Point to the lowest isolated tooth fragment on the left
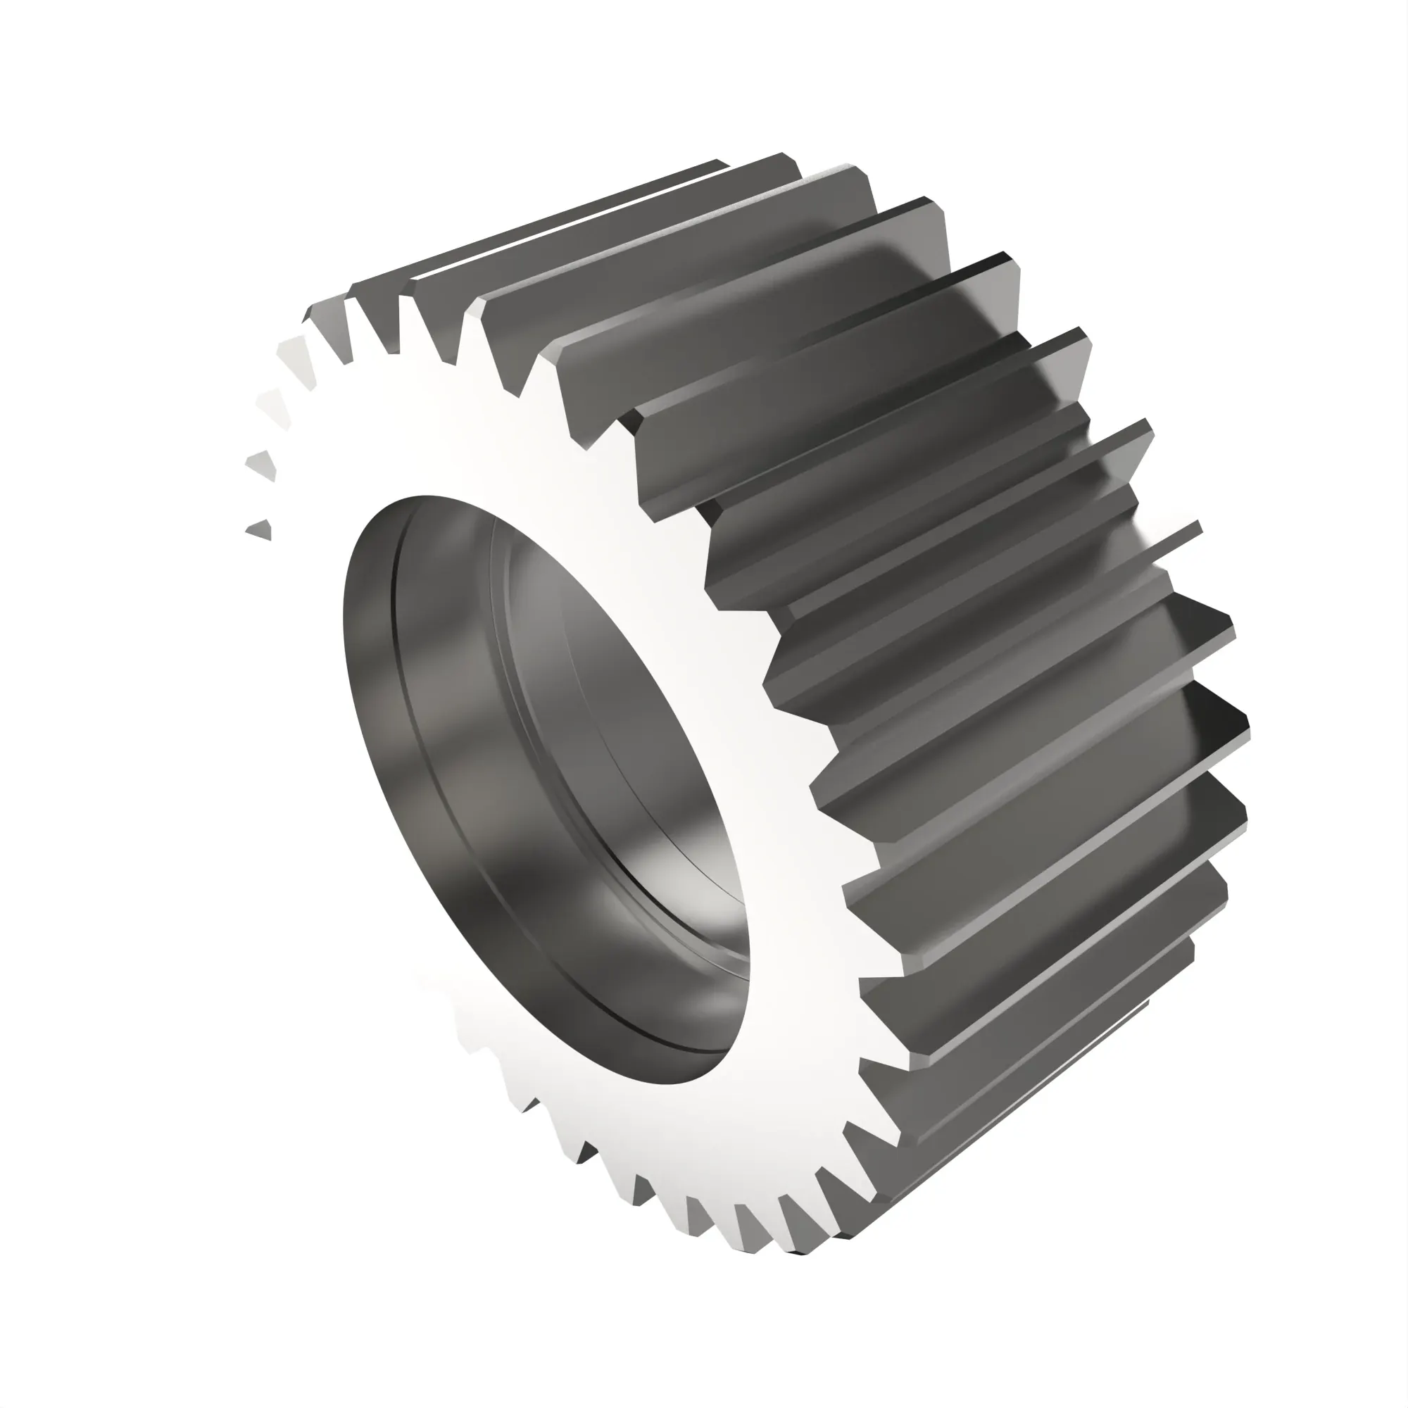click(260, 530)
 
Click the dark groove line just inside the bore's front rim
click(408, 729)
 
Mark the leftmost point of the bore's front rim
click(344, 620)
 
